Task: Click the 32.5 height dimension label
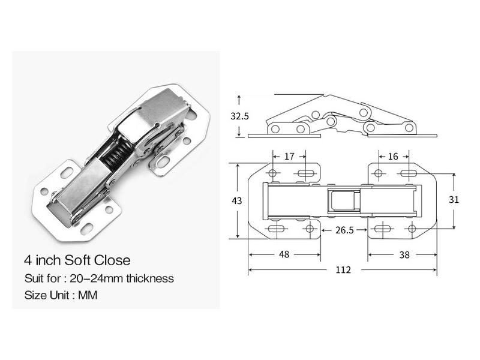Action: pyautogui.click(x=239, y=116)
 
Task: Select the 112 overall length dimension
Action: pyautogui.click(x=343, y=270)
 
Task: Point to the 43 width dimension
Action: pyautogui.click(x=237, y=200)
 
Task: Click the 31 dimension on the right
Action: pyautogui.click(x=454, y=199)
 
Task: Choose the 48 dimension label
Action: pyautogui.click(x=284, y=254)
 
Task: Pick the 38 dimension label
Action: pyautogui.click(x=404, y=254)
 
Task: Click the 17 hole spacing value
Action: pyautogui.click(x=289, y=157)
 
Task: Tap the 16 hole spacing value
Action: pyautogui.click(x=393, y=157)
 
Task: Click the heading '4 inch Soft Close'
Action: pyautogui.click(x=77, y=260)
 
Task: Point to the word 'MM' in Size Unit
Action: pyautogui.click(x=88, y=295)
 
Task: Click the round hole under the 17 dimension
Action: pyautogui.click(x=273, y=173)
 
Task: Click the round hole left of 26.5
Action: pyautogui.click(x=310, y=229)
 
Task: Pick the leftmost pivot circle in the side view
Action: pyautogui.click(x=275, y=129)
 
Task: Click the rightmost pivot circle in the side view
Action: pyautogui.click(x=409, y=127)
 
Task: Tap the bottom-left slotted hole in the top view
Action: pyautogui.click(x=277, y=229)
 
